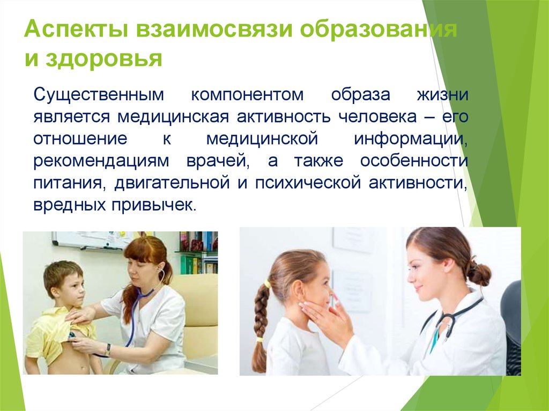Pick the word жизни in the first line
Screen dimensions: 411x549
point(443,95)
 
